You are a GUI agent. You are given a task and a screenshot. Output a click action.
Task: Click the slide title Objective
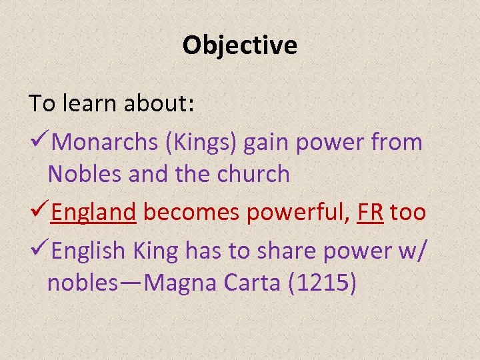(240, 46)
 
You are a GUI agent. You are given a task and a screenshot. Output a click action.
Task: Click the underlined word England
(94, 213)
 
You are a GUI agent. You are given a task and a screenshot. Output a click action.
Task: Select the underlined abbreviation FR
(370, 213)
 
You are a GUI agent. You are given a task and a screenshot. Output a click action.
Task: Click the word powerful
(298, 213)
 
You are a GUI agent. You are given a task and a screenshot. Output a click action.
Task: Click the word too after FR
(408, 213)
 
